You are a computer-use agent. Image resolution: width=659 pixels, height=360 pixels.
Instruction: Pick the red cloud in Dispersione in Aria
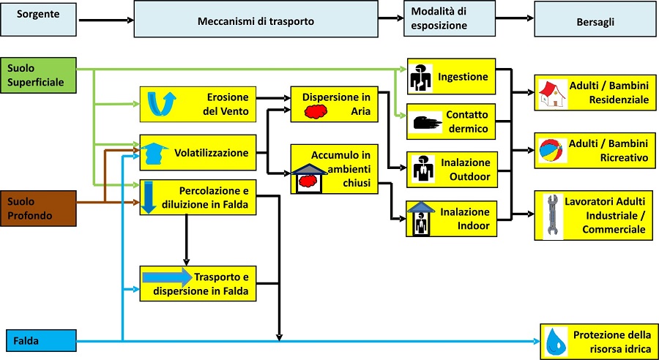pos(314,111)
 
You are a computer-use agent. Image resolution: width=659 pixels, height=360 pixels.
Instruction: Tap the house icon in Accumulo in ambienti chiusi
pos(309,178)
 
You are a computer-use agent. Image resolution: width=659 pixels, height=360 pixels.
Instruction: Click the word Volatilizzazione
pos(212,153)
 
